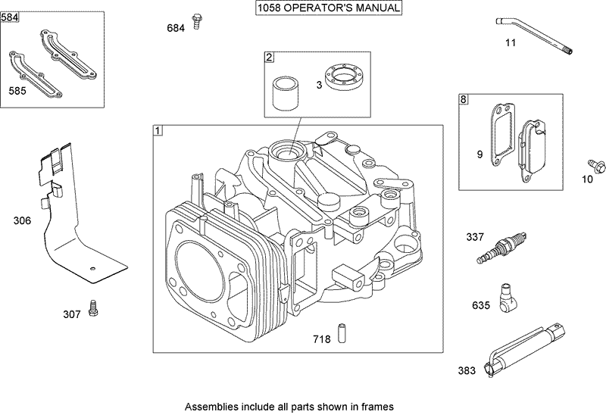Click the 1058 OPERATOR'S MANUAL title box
[x=328, y=9]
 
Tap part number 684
[x=175, y=28]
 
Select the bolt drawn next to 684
[x=197, y=20]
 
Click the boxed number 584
[x=10, y=17]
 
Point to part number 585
[x=17, y=90]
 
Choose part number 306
[x=23, y=221]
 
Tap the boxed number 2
[x=268, y=57]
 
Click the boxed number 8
[x=464, y=98]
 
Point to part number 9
[x=479, y=154]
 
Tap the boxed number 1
[x=158, y=130]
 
